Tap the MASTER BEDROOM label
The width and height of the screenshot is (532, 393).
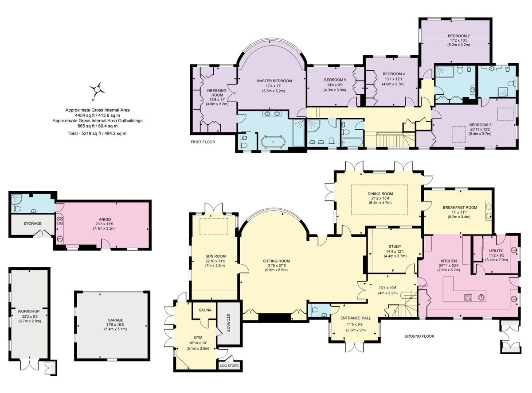pyautogui.click(x=274, y=81)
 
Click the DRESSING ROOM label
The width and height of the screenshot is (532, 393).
pyautogui.click(x=217, y=93)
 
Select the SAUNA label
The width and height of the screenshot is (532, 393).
pyautogui.click(x=204, y=310)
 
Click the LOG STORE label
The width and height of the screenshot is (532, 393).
pyautogui.click(x=229, y=366)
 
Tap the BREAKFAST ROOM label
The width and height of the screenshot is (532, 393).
pyautogui.click(x=460, y=207)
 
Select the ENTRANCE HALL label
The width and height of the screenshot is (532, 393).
pyautogui.click(x=356, y=318)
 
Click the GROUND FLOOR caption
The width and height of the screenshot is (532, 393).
pyautogui.click(x=419, y=336)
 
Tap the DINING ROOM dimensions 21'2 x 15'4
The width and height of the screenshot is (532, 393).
pyautogui.click(x=380, y=199)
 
